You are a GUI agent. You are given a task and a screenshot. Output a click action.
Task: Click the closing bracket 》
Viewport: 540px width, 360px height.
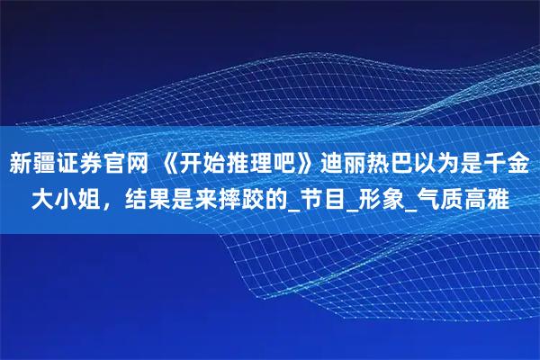303,165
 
